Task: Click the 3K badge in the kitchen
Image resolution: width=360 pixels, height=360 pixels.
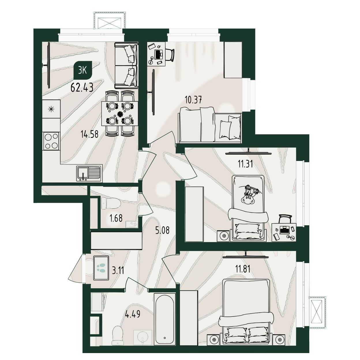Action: pyautogui.click(x=82, y=71)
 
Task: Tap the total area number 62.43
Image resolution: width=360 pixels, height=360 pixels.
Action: pyautogui.click(x=82, y=87)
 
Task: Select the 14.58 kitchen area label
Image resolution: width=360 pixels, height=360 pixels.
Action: pyautogui.click(x=89, y=134)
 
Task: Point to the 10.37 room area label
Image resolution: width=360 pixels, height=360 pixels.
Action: pyautogui.click(x=193, y=100)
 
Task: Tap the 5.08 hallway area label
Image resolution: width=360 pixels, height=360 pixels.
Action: pyautogui.click(x=162, y=230)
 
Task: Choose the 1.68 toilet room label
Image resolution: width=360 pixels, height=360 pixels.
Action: pyautogui.click(x=116, y=218)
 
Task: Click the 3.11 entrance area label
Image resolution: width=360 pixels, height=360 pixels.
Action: pyautogui.click(x=118, y=270)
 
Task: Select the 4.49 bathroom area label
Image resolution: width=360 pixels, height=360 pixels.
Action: pyautogui.click(x=133, y=314)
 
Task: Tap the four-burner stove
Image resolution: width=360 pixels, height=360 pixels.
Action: pyautogui.click(x=51, y=141)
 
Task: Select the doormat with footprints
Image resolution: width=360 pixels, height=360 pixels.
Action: pyautogui.click(x=101, y=268)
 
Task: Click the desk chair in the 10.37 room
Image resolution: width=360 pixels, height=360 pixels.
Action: pyautogui.click(x=170, y=55)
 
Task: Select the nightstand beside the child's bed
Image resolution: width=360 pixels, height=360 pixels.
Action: pyautogui.click(x=223, y=236)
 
